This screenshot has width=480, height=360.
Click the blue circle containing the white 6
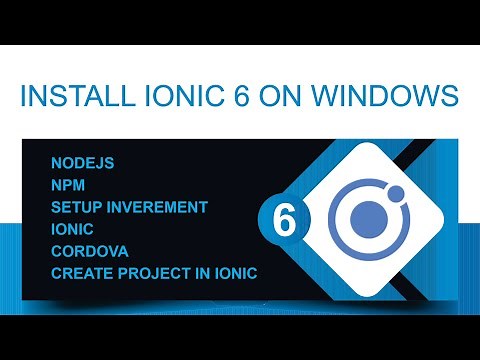click(284, 221)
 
